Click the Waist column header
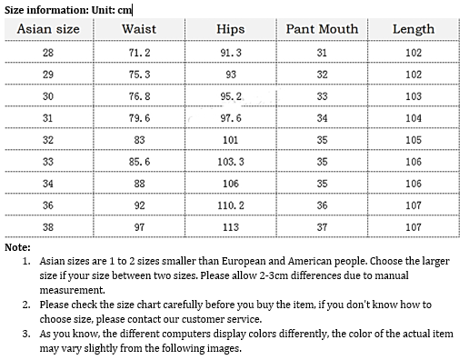(x=139, y=29)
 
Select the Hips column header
(x=230, y=29)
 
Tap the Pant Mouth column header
(x=322, y=29)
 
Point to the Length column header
(x=413, y=29)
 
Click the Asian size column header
(x=48, y=29)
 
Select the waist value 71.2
(x=139, y=53)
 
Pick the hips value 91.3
(x=230, y=53)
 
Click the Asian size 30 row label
(x=48, y=96)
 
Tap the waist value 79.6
(x=139, y=118)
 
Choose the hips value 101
(x=230, y=140)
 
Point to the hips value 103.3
(x=230, y=162)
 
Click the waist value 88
(x=139, y=184)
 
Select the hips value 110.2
(x=230, y=205)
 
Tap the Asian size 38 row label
(x=48, y=227)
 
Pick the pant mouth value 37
(x=322, y=227)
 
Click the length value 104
(x=413, y=118)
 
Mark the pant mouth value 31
(x=322, y=53)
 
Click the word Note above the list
(x=17, y=247)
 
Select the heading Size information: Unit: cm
(x=67, y=9)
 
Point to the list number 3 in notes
(x=26, y=335)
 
